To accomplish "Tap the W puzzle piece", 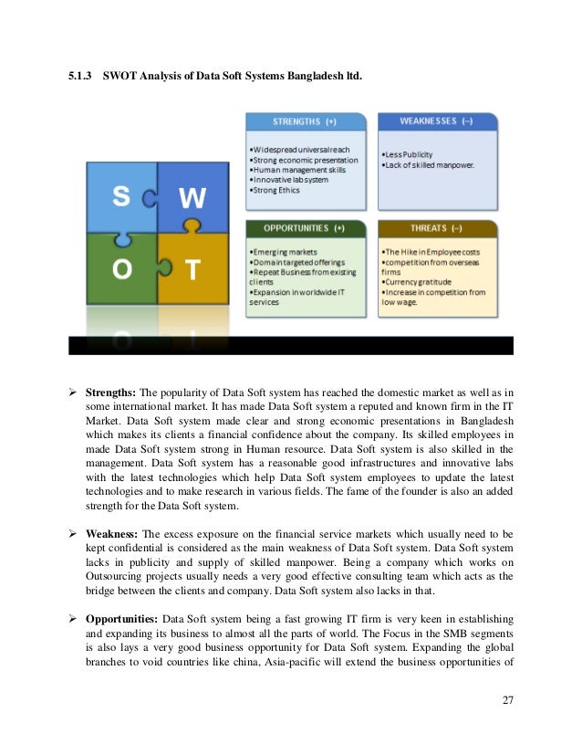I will (x=192, y=198).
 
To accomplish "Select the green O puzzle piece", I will (x=120, y=269).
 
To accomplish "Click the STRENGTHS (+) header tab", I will (x=305, y=121).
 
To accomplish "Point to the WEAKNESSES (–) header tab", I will (x=437, y=121).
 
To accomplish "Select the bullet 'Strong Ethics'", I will (x=279, y=190).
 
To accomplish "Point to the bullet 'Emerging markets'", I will (x=286, y=250).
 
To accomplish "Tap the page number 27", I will (x=508, y=701).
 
